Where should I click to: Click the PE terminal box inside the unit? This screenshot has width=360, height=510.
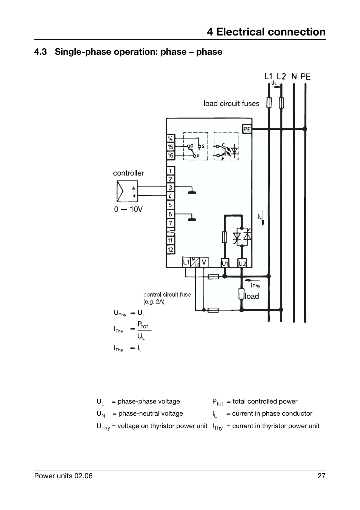tap(247, 129)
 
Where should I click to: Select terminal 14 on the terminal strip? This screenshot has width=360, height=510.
tap(170, 139)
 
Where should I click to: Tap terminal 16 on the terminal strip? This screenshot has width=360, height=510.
tap(170, 156)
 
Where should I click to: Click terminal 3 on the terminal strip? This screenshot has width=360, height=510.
tap(170, 188)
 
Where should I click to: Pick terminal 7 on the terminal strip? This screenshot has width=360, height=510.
tap(170, 223)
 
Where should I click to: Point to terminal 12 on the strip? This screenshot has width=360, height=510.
tap(170, 250)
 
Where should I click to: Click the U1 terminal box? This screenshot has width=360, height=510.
tap(225, 263)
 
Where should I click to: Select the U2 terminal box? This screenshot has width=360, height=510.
tap(242, 263)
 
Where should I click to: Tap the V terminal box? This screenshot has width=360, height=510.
tap(204, 262)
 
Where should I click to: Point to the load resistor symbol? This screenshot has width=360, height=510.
tap(242, 294)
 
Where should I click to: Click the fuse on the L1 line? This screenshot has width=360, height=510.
tap(269, 102)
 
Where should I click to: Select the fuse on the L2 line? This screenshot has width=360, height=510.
tap(281, 102)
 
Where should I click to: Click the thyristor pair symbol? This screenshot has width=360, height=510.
tap(242, 237)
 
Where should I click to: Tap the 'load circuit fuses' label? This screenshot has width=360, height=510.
tap(231, 104)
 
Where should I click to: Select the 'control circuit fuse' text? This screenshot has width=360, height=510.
tap(167, 295)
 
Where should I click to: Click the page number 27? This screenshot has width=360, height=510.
tap(321, 476)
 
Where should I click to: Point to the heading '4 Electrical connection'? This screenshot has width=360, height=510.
tap(266, 32)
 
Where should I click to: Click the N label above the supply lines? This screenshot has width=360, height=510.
tap(294, 77)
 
